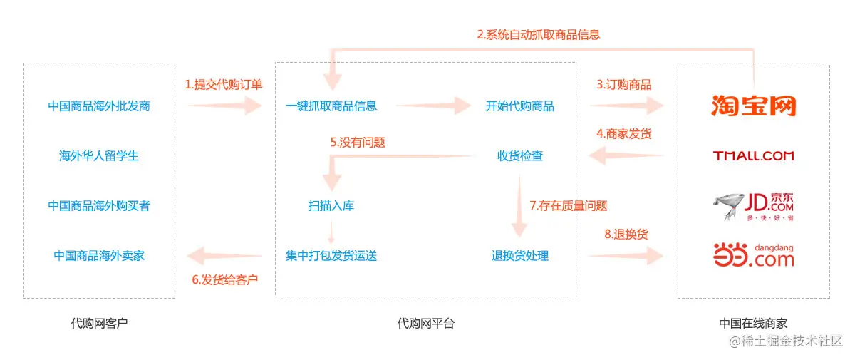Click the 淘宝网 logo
pos(753,106)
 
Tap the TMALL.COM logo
pos(753,155)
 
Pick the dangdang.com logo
pos(753,254)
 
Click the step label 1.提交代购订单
pos(224,85)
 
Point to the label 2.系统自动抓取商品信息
pos(539,34)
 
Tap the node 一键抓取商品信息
pos(331,106)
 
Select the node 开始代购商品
pos(520,106)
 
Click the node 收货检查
pos(520,155)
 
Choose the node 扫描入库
pos(331,206)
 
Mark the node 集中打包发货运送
pos(331,255)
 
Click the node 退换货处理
pos(520,255)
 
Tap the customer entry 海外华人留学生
pos(99,155)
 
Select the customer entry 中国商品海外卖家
pos(99,255)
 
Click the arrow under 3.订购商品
pos(627,106)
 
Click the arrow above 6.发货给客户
pos(224,255)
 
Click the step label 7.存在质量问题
pos(569,206)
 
